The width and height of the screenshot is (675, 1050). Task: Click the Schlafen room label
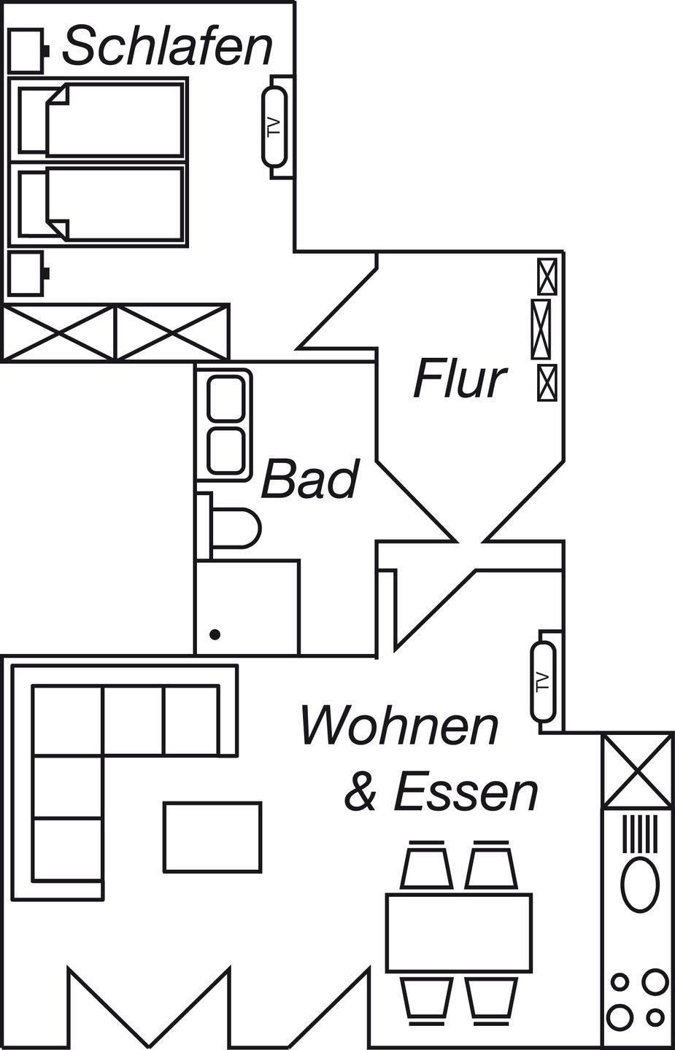point(167,47)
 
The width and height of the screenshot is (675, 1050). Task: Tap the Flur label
point(460,379)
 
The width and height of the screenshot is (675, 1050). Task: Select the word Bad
point(310,479)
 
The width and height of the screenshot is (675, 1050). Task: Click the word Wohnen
point(400,726)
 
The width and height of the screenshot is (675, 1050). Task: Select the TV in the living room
point(541,680)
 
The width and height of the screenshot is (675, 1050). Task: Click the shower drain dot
point(215,634)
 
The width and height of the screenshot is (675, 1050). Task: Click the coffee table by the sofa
point(212,836)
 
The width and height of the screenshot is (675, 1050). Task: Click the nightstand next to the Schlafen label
point(26,50)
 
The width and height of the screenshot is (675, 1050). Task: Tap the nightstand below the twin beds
point(26,273)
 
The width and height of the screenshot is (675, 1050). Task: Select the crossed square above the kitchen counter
point(637,770)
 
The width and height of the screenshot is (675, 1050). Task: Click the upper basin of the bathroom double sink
point(225,400)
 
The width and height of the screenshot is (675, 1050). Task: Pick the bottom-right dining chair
point(491,997)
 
